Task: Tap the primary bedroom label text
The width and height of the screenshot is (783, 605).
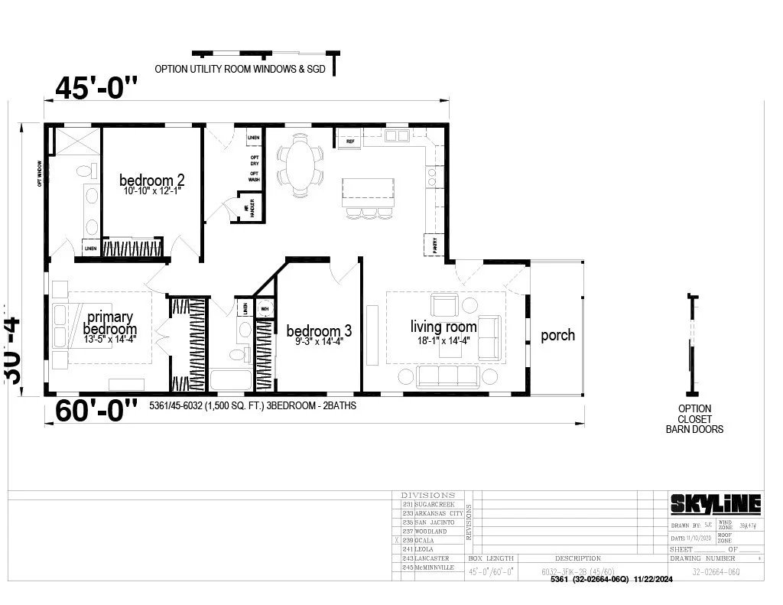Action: click(x=110, y=323)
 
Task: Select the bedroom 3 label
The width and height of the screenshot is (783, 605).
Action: click(x=319, y=330)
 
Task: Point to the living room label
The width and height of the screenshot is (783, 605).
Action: click(x=443, y=327)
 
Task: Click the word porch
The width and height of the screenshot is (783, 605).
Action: click(x=557, y=335)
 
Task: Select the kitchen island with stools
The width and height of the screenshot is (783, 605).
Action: click(x=369, y=194)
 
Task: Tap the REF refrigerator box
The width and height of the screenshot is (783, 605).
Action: click(x=349, y=139)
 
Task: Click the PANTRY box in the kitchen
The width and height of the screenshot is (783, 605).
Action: click(x=434, y=245)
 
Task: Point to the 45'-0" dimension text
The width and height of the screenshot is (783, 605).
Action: click(x=96, y=89)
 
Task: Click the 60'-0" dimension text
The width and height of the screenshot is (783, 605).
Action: click(x=96, y=410)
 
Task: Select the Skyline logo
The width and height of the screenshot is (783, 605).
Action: click(x=716, y=503)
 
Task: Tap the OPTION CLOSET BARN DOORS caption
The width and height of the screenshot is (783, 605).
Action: click(x=694, y=419)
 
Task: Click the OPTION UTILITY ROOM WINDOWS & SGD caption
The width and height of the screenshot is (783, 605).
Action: click(x=240, y=69)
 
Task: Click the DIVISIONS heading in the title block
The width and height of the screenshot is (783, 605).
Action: click(x=428, y=495)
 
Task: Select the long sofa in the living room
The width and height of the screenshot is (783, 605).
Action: click(x=447, y=376)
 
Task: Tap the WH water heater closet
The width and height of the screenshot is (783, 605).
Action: click(x=265, y=309)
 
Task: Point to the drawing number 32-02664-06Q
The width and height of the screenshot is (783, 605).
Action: click(x=716, y=571)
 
